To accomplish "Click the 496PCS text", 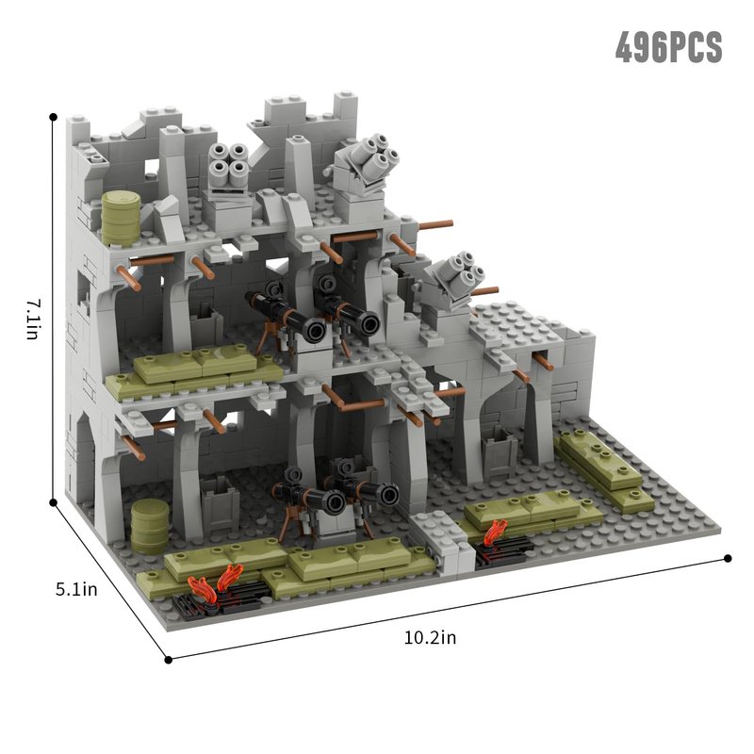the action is [x=669, y=47].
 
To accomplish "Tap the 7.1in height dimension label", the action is [x=34, y=319].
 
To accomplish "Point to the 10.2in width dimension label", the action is [x=430, y=638].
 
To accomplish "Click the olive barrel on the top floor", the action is [x=121, y=219].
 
